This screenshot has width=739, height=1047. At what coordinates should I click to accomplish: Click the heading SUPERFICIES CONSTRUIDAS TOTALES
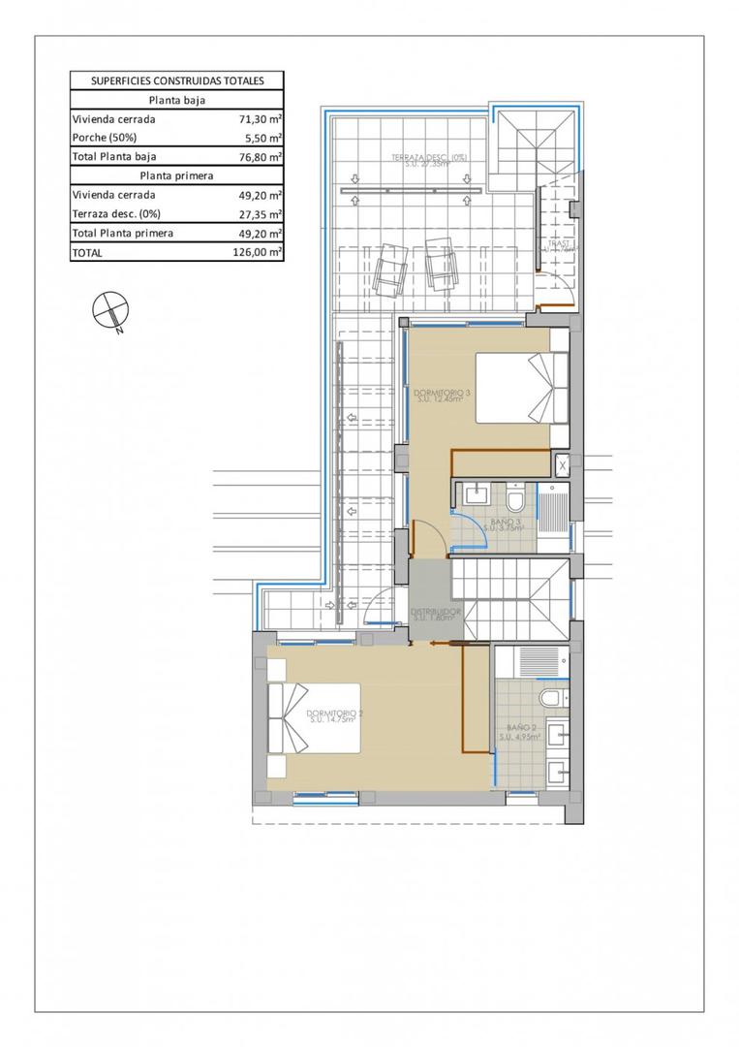pos(176,81)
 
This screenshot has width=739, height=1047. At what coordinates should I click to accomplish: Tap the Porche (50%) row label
pos(104,138)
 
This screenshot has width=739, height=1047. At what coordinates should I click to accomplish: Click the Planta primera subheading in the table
pos(176,175)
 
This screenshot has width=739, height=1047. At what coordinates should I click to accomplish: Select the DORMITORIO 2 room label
pos(336,715)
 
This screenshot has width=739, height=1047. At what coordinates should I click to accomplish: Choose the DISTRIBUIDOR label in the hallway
pos(434,613)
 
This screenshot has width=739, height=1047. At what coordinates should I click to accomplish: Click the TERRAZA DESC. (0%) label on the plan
pos(428,159)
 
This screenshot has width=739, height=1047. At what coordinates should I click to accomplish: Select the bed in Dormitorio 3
pos(523,388)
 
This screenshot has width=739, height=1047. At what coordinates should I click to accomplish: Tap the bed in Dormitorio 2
pos(314,718)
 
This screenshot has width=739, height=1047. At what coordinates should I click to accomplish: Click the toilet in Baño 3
pos(516,498)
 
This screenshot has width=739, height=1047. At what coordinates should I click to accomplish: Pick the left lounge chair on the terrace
pos(392,267)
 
